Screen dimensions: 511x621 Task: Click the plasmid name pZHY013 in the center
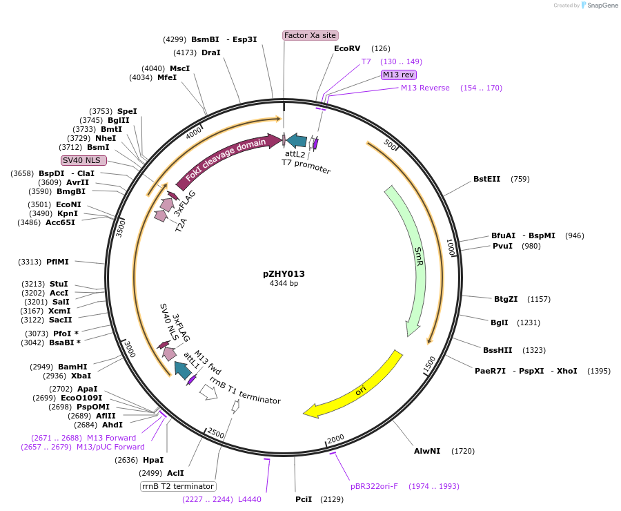pyautogui.click(x=284, y=273)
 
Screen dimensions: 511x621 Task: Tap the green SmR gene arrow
pyautogui.click(x=417, y=262)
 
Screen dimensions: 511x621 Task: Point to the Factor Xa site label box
pyautogui.click(x=310, y=35)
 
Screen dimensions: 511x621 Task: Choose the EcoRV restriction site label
pyautogui.click(x=347, y=48)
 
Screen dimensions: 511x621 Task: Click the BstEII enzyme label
pyautogui.click(x=486, y=179)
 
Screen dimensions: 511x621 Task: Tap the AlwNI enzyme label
pyautogui.click(x=427, y=451)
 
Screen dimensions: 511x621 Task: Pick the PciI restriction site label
pyautogui.click(x=304, y=499)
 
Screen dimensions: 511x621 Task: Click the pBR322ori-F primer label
pyautogui.click(x=374, y=486)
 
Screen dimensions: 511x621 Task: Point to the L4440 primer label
pyautogui.click(x=249, y=499)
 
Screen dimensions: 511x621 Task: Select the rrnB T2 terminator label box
pyautogui.click(x=177, y=486)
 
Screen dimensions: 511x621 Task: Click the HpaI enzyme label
pyautogui.click(x=153, y=460)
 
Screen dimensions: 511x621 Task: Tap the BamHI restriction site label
pyautogui.click(x=72, y=367)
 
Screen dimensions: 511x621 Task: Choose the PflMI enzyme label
pyautogui.click(x=57, y=262)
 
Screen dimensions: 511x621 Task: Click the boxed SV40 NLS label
pyautogui.click(x=83, y=160)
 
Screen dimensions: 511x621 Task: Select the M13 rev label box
pyautogui.click(x=399, y=75)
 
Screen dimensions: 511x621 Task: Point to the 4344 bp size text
pyautogui.click(x=284, y=283)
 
